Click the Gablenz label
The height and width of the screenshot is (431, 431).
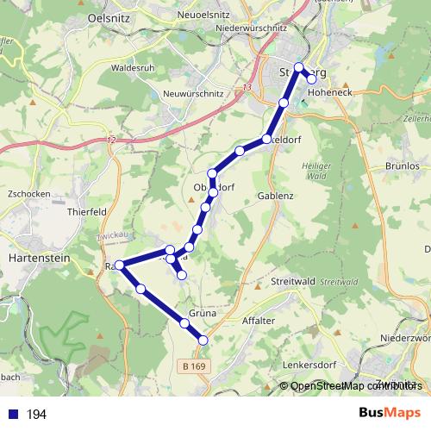pyautogui.click(x=276, y=196)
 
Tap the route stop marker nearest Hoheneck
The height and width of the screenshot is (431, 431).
pyautogui.click(x=312, y=79)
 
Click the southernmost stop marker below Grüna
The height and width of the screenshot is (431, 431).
pyautogui.click(x=203, y=340)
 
